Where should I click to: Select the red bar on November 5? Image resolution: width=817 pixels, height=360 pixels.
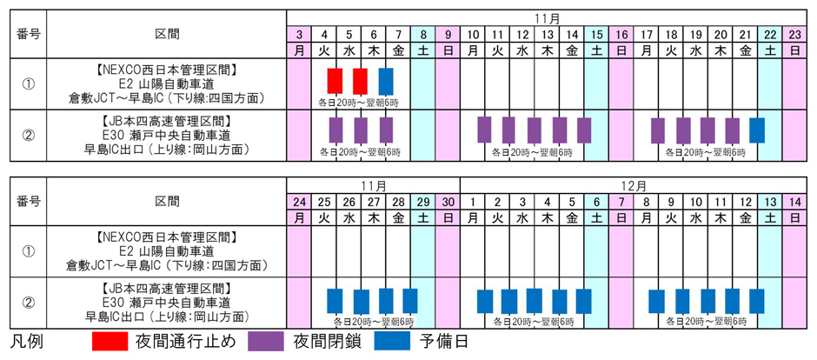361,81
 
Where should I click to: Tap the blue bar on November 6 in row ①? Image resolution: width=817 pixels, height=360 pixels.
386,81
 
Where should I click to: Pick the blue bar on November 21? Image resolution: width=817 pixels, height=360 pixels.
757,130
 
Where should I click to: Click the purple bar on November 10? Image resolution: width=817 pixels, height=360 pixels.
485,130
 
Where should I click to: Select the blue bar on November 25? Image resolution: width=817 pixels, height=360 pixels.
335,301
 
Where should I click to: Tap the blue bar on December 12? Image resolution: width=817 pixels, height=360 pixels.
757,301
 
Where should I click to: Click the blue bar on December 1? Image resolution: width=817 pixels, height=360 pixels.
485,301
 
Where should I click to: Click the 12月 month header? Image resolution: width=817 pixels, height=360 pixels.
634,186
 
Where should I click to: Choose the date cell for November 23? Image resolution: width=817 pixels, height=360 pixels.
795,34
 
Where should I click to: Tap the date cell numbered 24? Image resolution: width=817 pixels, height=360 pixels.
298,202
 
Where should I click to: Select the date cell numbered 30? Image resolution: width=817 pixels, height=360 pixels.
448,202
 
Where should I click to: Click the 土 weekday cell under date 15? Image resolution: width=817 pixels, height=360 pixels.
597,50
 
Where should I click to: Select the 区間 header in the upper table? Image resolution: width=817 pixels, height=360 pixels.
168,34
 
